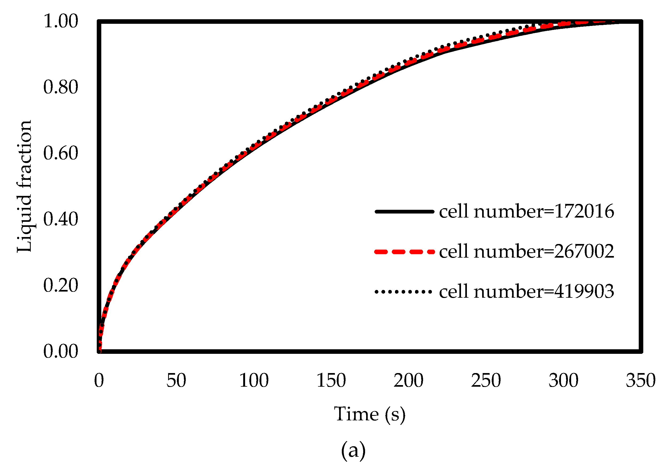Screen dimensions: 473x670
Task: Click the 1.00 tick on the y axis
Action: pos(61,21)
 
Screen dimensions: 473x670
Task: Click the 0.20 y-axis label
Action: pos(61,285)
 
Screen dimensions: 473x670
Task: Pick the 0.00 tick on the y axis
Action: pos(61,351)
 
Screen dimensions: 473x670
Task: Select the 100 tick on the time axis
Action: pos(254,381)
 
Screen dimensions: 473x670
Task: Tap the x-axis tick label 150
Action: pos(331,381)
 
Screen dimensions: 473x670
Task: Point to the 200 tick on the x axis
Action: pos(408,381)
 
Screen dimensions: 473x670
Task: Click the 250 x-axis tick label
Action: pos(486,381)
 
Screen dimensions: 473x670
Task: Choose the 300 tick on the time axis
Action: pos(563,381)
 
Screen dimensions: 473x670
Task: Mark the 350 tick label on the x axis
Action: pos(641,381)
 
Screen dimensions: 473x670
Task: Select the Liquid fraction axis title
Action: pos(24,186)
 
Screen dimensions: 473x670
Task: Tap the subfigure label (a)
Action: pos(353,450)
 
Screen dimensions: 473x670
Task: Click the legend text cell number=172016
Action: pos(526,211)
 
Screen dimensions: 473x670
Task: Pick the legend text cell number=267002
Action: pos(526,251)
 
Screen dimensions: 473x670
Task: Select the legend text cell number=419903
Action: pos(526,291)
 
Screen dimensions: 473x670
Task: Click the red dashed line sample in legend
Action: pos(404,251)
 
